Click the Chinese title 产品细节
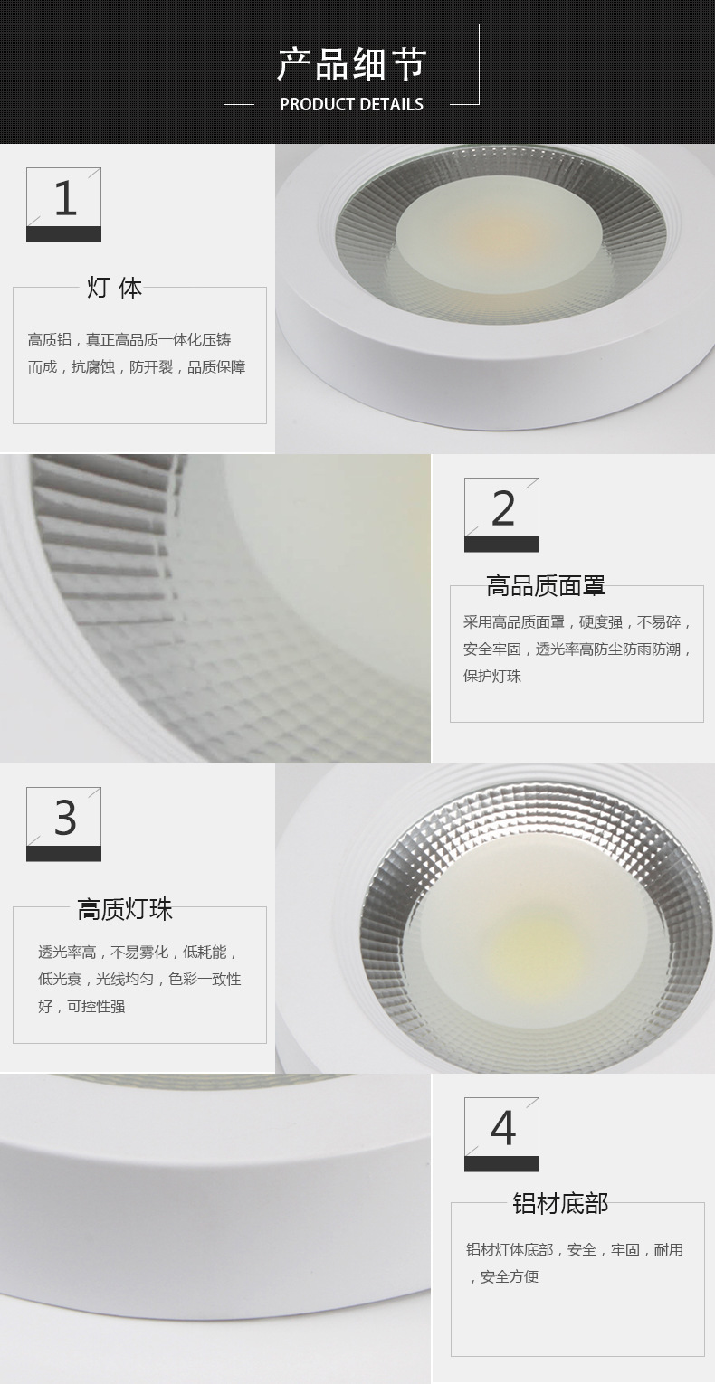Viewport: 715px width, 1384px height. click(x=352, y=63)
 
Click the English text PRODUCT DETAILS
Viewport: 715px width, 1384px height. click(x=352, y=104)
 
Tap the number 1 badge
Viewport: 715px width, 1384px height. click(x=63, y=204)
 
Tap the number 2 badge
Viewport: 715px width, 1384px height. click(x=501, y=515)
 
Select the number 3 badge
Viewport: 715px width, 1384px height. click(x=63, y=824)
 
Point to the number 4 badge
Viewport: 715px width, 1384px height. click(x=501, y=1134)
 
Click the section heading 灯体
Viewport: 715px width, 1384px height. click(x=114, y=288)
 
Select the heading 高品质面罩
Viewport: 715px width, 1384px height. click(x=546, y=586)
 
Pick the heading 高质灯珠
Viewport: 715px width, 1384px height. click(x=125, y=909)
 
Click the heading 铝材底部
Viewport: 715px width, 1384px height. click(x=560, y=1204)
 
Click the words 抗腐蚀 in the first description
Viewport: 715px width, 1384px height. click(x=93, y=367)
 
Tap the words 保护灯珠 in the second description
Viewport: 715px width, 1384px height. click(x=492, y=676)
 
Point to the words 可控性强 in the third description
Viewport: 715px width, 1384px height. click(x=97, y=1007)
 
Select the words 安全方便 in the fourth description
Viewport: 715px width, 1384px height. click(x=510, y=1276)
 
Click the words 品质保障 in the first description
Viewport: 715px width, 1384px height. click(x=216, y=367)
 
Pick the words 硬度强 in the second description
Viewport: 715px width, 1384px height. click(x=601, y=621)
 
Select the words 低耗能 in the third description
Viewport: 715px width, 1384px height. click(x=205, y=953)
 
